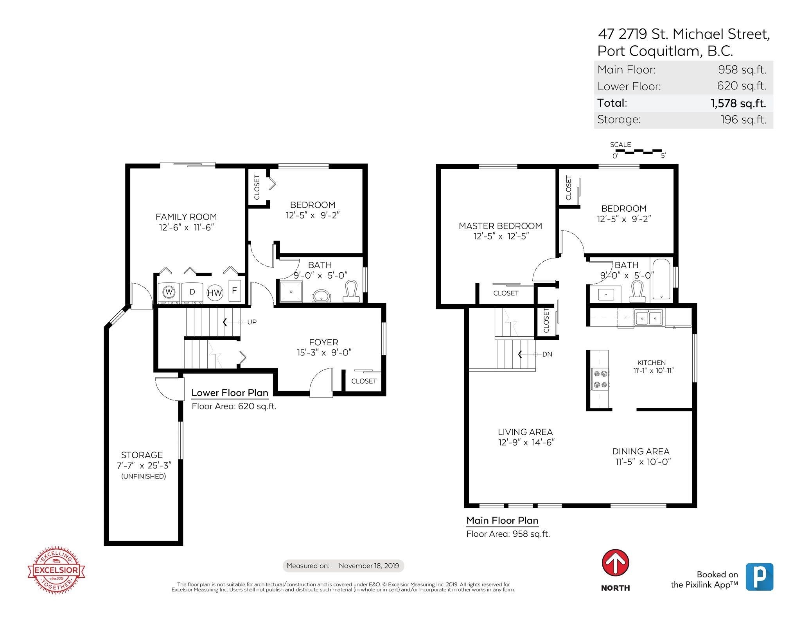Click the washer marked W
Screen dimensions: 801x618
[169, 292]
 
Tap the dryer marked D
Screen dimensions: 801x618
[192, 292]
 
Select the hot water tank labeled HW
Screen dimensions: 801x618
[215, 293]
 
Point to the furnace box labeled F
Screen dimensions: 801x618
[235, 290]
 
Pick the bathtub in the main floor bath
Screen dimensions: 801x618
[661, 279]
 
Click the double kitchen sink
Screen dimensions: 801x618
[648, 318]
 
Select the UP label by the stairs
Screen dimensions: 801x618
[252, 322]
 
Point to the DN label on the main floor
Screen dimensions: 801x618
[547, 354]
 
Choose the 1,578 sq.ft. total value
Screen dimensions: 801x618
[738, 103]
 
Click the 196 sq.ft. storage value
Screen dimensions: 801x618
[744, 120]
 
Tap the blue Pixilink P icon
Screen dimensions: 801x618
[759, 577]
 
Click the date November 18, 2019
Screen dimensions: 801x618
[369, 566]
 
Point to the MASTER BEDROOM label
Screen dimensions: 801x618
[500, 226]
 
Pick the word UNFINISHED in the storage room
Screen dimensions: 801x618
[144, 476]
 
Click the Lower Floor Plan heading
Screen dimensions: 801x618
[230, 393]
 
